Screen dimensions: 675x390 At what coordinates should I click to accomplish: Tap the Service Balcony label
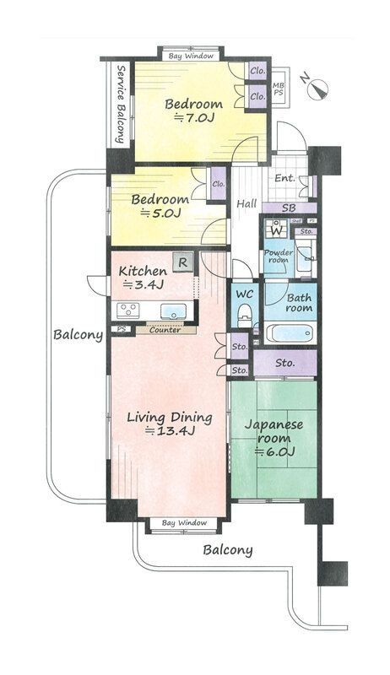click(122, 104)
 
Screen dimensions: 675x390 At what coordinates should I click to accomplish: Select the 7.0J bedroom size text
click(191, 119)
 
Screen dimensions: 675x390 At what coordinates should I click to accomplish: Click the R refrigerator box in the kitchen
click(181, 263)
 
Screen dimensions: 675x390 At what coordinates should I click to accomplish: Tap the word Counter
click(165, 329)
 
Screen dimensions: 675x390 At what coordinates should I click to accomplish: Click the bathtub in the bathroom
click(290, 332)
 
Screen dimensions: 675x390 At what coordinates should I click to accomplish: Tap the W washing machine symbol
click(276, 229)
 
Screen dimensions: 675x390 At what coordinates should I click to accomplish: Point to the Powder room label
click(278, 256)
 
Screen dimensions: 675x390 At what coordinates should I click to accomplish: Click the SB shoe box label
click(288, 208)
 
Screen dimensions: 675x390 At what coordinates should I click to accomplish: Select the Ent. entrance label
click(284, 179)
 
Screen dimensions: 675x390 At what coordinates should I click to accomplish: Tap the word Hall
click(246, 203)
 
